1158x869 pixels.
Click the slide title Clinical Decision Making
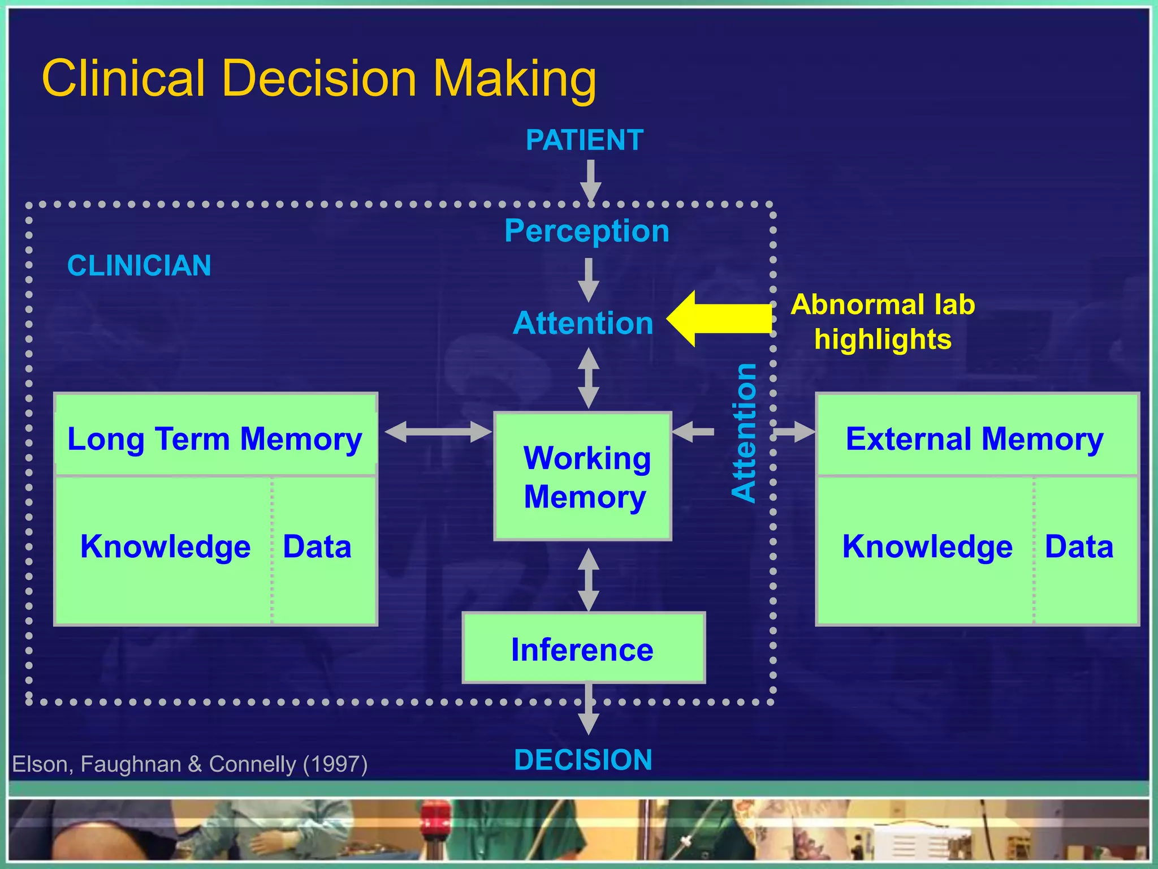[x=319, y=78]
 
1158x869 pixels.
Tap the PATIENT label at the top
[x=584, y=140]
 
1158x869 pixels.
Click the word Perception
[x=586, y=231]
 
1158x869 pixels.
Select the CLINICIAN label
[x=139, y=265]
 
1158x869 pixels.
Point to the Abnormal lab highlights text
[x=883, y=321]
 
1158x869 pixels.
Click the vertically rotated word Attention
[x=744, y=433]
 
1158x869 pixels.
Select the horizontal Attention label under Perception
[x=583, y=323]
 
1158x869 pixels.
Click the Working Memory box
[x=583, y=476]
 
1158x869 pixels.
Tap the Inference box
[x=583, y=648]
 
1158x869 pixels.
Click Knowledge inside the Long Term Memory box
[x=165, y=547]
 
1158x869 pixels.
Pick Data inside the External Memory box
[x=1078, y=547]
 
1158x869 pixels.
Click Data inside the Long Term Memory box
[x=317, y=547]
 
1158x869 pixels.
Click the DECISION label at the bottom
[x=583, y=760]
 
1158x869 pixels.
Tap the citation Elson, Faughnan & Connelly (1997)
[x=190, y=764]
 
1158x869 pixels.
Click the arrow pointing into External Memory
[x=794, y=432]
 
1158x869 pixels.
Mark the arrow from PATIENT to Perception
[x=590, y=180]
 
